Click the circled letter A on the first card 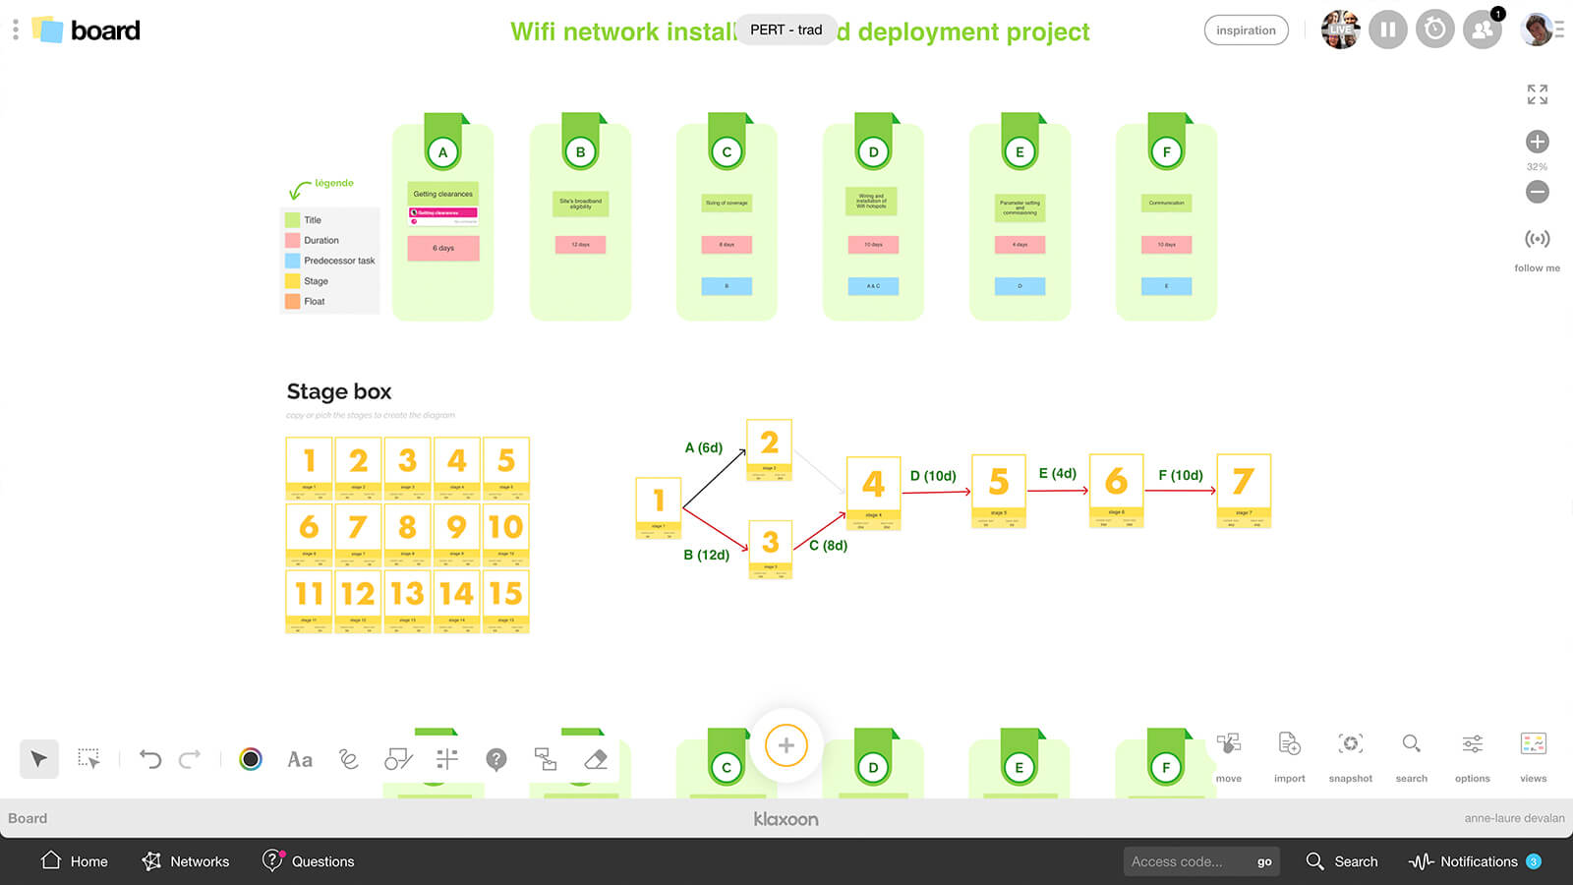[x=442, y=152]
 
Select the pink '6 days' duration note [x=443, y=248]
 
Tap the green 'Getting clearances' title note [x=443, y=194]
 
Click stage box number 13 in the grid [x=407, y=598]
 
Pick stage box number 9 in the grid [x=456, y=531]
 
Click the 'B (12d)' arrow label [x=706, y=555]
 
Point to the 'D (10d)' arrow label [x=933, y=476]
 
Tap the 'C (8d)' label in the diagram [x=828, y=545]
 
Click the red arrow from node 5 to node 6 [x=1057, y=490]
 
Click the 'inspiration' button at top [x=1246, y=30]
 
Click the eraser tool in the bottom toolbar [x=596, y=759]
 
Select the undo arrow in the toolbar [x=150, y=759]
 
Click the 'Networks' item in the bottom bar [x=186, y=861]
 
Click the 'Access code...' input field [x=1185, y=861]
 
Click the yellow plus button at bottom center [x=786, y=745]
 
